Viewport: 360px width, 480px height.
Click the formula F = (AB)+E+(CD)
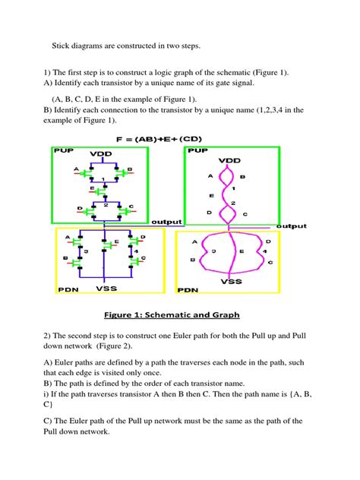(180, 140)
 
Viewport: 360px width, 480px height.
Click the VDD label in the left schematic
(102, 154)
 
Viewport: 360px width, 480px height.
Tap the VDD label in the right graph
(229, 161)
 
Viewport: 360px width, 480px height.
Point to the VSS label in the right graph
(231, 280)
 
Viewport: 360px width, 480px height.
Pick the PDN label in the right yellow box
(188, 290)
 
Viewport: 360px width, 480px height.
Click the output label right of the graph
(292, 226)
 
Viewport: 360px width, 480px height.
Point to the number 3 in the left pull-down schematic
(86, 251)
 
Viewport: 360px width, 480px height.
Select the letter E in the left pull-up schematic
(91, 186)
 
